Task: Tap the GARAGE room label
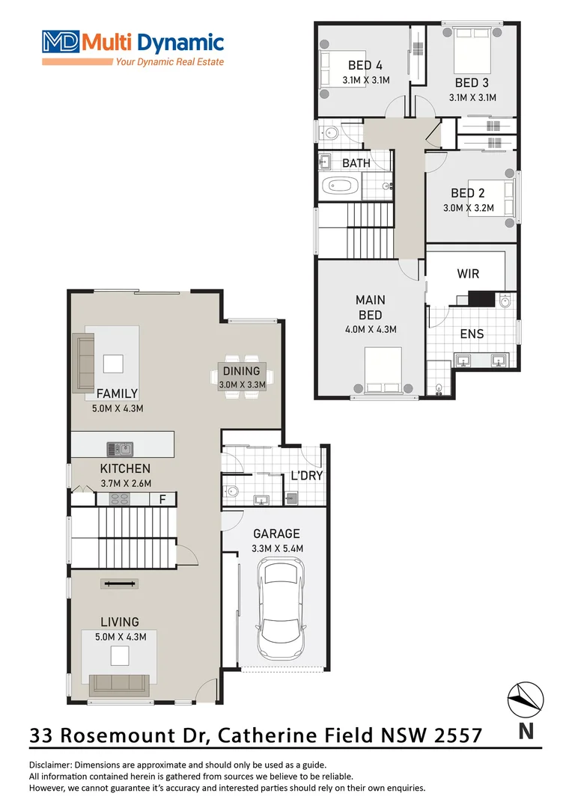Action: pos(276,533)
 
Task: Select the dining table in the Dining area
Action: pos(241,378)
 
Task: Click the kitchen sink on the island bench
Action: pos(120,449)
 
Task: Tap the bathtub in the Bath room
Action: pos(341,186)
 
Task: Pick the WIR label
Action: pos(468,274)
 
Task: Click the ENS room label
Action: pos(472,334)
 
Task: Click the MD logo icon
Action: pos(61,40)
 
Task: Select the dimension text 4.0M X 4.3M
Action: pos(370,329)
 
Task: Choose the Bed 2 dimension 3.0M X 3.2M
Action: pos(472,208)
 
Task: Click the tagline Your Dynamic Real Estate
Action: pos(169,62)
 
